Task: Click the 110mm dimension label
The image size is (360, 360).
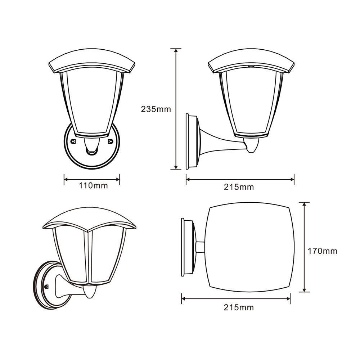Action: (94, 185)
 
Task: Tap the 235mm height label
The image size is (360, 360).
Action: (156, 109)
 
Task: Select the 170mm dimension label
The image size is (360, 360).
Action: (322, 251)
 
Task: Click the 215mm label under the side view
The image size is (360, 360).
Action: (239, 187)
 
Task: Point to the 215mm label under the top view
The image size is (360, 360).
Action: (239, 307)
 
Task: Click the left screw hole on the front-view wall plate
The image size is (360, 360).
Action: (73, 141)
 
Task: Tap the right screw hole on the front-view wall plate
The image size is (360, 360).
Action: (111, 141)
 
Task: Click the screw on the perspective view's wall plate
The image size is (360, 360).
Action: (46, 287)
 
